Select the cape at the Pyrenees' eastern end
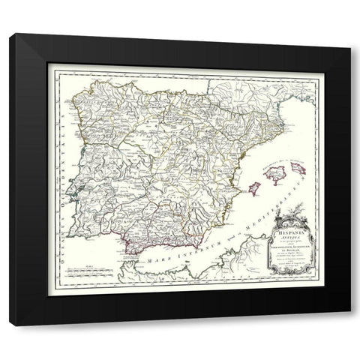tap(282, 105)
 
